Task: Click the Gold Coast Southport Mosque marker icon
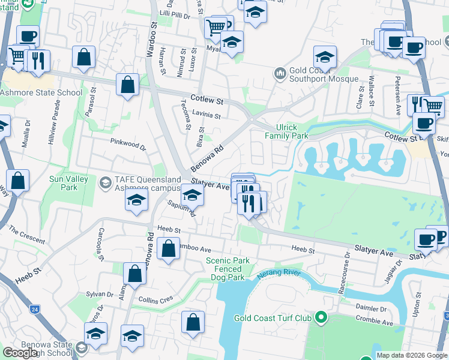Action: point(280,74)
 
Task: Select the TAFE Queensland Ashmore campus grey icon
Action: point(105,182)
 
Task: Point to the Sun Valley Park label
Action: point(69,183)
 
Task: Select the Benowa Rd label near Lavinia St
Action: point(207,157)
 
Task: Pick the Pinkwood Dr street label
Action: point(128,144)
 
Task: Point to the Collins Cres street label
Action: point(155,298)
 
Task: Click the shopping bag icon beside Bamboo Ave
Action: point(168,248)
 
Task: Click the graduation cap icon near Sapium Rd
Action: point(192,195)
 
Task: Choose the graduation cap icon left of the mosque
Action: point(232,43)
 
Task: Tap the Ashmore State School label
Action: point(41,92)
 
